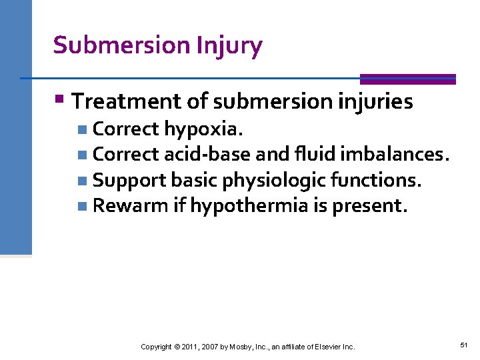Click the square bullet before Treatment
coord(59,101)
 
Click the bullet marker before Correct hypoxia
coord(81,129)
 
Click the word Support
coord(129,180)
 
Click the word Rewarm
coord(131,205)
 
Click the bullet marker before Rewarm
coord(81,206)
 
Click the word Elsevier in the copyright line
coord(321,347)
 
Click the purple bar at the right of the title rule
coord(407,79)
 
